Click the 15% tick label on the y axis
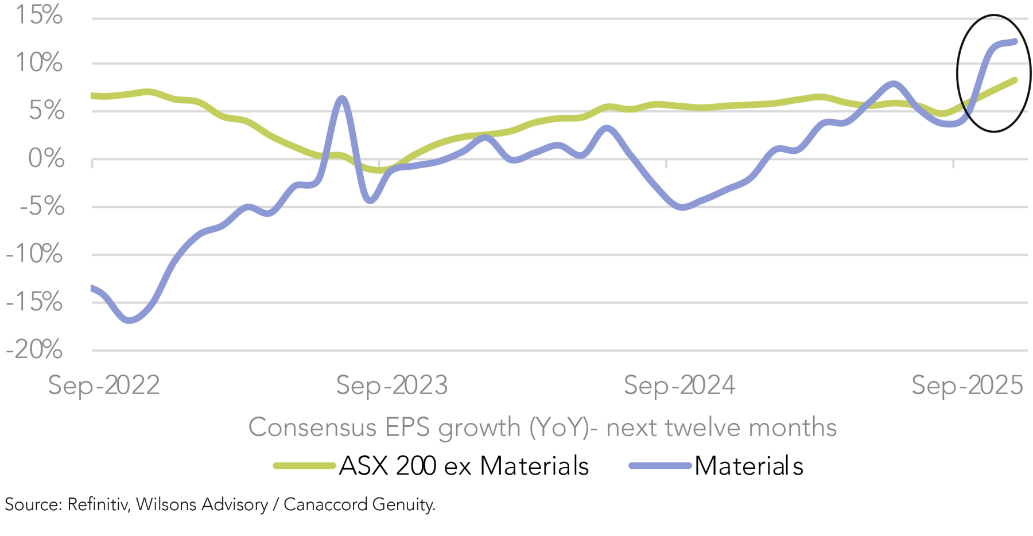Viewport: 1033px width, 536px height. [39, 15]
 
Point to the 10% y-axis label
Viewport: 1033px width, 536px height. [39, 63]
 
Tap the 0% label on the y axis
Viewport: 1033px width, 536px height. [46, 158]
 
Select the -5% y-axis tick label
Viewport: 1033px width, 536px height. [42, 206]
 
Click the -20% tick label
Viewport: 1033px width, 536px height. [34, 349]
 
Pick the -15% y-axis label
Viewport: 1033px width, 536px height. [34, 302]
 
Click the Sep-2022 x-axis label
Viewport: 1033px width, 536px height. [104, 385]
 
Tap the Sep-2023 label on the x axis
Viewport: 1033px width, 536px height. [392, 385]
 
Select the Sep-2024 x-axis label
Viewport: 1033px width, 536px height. [679, 385]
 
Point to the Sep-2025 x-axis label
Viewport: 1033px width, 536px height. [968, 385]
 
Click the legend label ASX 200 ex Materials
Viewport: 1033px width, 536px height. [464, 466]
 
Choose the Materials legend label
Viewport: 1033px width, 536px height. [748, 466]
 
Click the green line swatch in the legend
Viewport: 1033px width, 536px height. [304, 466]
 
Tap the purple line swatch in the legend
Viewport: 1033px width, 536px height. [659, 466]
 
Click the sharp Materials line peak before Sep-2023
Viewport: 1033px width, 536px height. [342, 99]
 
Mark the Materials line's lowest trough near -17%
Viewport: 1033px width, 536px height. [130, 320]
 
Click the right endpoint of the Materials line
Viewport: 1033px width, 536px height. [1015, 41]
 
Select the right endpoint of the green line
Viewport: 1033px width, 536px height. [1015, 80]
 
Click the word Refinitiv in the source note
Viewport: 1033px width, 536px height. [99, 504]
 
